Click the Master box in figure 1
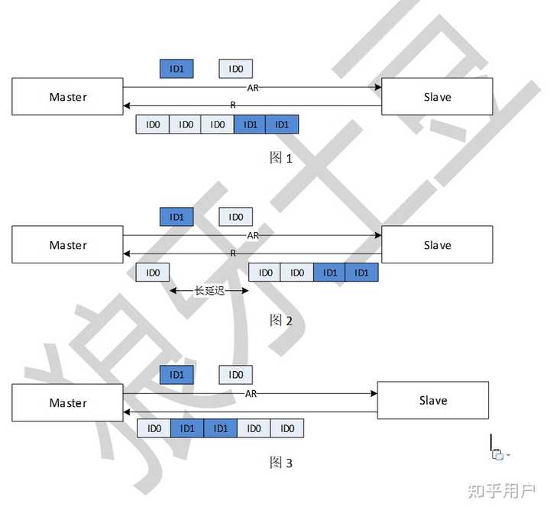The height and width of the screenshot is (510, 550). click(x=67, y=97)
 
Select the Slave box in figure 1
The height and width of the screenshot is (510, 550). click(x=437, y=97)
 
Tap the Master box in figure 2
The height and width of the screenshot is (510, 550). click(x=67, y=245)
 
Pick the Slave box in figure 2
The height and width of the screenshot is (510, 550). click(x=437, y=245)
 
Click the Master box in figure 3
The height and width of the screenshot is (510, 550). click(x=67, y=402)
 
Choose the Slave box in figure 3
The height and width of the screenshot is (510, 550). click(x=432, y=400)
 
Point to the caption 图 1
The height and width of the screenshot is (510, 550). click(x=281, y=158)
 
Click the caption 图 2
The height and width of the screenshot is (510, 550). click(x=281, y=321)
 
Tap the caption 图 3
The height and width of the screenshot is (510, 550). click(x=281, y=463)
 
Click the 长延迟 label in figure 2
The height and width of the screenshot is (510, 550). click(x=209, y=291)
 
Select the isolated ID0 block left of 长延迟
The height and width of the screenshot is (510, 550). click(x=153, y=273)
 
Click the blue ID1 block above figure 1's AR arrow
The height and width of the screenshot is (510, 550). click(x=176, y=69)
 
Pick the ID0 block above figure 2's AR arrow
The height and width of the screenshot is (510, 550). click(x=236, y=217)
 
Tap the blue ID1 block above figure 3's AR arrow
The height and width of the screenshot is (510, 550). click(x=176, y=375)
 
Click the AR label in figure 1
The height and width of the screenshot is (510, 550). click(x=253, y=88)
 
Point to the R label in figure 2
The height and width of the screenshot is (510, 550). click(x=233, y=253)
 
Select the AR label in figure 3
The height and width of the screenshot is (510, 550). click(x=251, y=393)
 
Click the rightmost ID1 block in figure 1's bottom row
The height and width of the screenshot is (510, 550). click(x=282, y=124)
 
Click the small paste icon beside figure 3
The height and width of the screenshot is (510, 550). click(x=498, y=455)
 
